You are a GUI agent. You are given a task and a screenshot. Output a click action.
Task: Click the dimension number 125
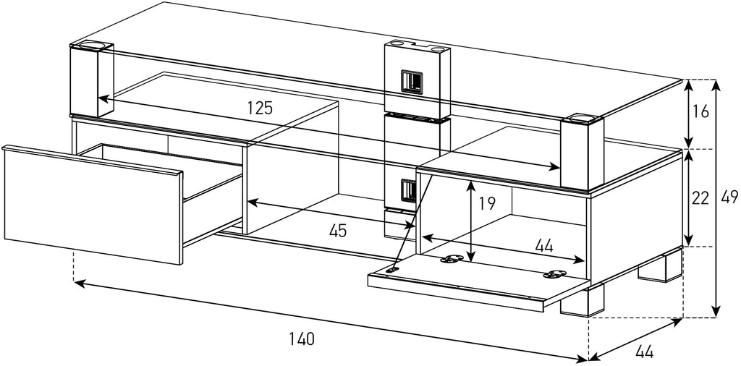(258, 108)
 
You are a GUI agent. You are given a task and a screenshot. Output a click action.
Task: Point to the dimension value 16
(700, 111)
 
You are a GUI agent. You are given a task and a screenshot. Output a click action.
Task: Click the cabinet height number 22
(700, 198)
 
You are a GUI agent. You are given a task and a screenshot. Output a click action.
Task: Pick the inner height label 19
(487, 203)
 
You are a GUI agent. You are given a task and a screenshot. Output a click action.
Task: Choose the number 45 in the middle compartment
(337, 231)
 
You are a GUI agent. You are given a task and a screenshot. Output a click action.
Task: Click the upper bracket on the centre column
(410, 81)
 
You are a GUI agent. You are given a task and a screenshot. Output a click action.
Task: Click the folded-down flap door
(470, 278)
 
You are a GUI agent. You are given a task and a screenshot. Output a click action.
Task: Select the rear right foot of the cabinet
(660, 267)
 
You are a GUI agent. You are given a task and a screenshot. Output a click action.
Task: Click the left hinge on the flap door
(453, 259)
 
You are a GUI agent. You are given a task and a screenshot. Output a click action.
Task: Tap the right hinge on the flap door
(556, 273)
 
